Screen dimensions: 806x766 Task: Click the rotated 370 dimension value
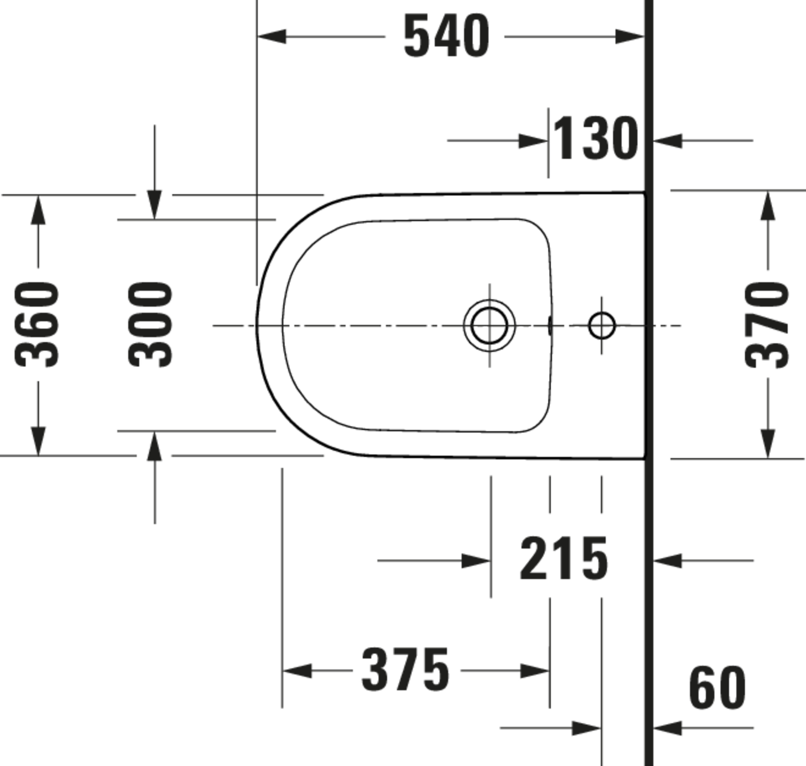point(767,325)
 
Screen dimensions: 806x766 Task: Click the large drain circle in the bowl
point(489,325)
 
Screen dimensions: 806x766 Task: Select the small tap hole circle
point(602,325)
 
